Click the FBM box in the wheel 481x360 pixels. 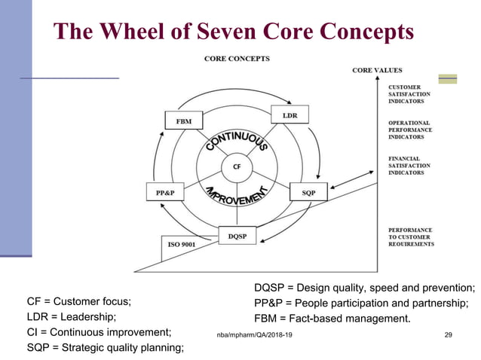tap(182, 121)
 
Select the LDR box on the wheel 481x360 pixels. tap(290, 115)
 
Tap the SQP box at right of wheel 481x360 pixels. tap(309, 193)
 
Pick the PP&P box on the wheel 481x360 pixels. tap(165, 192)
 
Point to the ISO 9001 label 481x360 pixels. tap(182, 244)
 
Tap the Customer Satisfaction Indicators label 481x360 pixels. tap(410, 94)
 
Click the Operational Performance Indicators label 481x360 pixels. tap(409, 130)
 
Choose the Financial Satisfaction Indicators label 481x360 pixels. tap(409, 166)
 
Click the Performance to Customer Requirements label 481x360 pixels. tap(411, 236)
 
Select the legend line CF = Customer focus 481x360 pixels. tap(78, 302)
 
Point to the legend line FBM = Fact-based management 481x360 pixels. tap(332, 318)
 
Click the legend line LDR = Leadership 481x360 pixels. tap(72, 317)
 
